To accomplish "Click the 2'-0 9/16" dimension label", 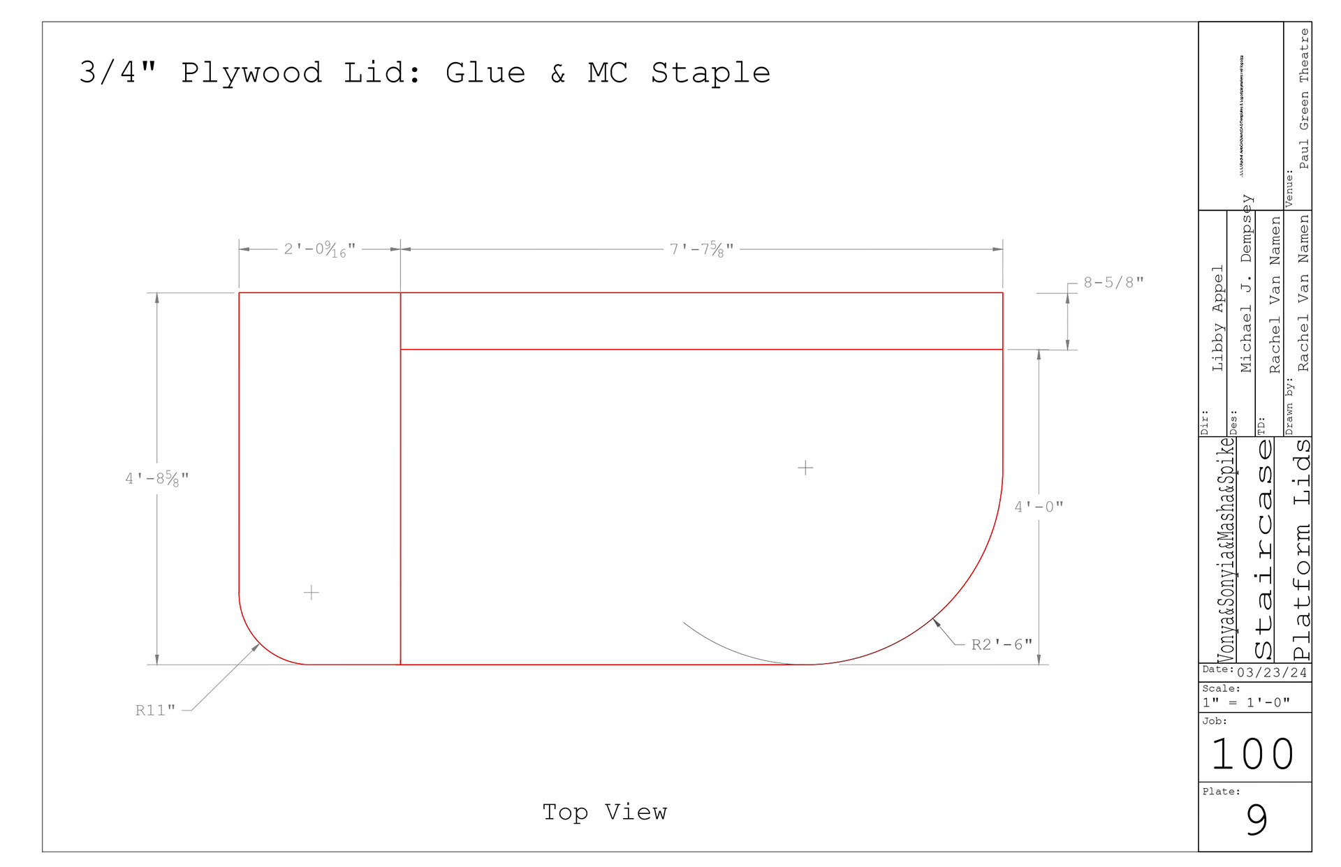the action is (x=319, y=249).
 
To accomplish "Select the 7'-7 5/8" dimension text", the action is (x=701, y=249).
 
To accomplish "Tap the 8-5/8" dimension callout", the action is (x=1113, y=283).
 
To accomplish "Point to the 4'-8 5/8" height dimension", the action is (x=157, y=479).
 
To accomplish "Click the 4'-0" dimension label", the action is (x=1039, y=507).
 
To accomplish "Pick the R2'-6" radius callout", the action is (x=1002, y=644).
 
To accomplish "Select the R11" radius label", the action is (x=155, y=711).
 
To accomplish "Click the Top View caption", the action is (x=605, y=812).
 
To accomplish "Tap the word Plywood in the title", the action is (x=251, y=73).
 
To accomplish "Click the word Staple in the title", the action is (x=710, y=73).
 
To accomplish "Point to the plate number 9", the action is (x=1256, y=820).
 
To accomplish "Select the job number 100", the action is (x=1253, y=755).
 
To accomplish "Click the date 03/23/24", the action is (x=1272, y=673).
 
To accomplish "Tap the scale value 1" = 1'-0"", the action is (x=1246, y=703).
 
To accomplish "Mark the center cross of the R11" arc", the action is (x=312, y=593).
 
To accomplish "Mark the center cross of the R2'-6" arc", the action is (x=805, y=468).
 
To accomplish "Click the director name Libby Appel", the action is (x=1217, y=318).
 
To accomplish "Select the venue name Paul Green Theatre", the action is (x=1304, y=98).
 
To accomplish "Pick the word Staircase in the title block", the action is (x=1263, y=550).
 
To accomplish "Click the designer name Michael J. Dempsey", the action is (x=1247, y=283).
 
